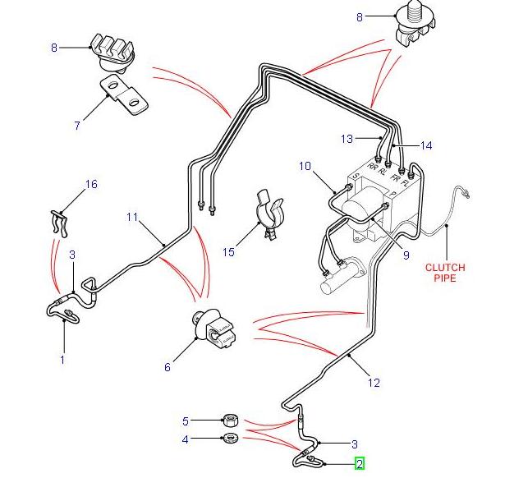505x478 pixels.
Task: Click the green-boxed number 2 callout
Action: tap(359, 464)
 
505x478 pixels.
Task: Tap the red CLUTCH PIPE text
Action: tap(444, 273)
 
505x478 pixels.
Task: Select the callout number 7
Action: tap(77, 126)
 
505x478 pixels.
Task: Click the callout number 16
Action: tap(91, 185)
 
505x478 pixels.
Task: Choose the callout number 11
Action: tap(132, 218)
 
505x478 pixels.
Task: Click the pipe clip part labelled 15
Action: tap(269, 215)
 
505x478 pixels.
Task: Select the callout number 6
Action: tap(168, 367)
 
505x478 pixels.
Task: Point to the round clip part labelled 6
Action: tap(215, 327)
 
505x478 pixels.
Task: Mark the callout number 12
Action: tap(374, 382)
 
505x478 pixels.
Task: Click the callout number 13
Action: tap(347, 137)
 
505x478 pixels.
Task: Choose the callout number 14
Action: tap(425, 145)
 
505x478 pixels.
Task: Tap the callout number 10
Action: tap(305, 167)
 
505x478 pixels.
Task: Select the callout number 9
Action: tap(405, 255)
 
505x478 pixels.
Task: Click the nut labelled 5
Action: tap(232, 421)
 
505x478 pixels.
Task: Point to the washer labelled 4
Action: tap(232, 439)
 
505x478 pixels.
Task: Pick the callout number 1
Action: tap(62, 359)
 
